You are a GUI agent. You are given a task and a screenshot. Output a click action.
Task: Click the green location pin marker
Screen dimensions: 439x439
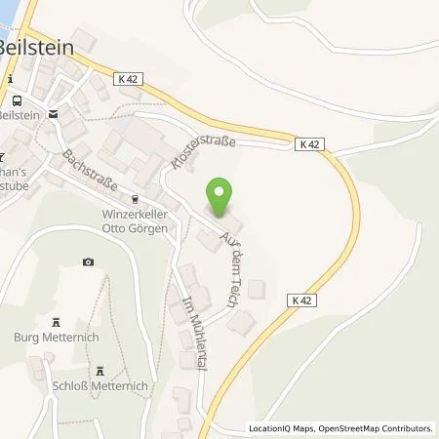[220, 198]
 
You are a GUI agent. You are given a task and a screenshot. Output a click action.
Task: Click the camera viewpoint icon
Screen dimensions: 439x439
[89, 261]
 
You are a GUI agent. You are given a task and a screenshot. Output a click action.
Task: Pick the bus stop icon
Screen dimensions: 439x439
[18, 100]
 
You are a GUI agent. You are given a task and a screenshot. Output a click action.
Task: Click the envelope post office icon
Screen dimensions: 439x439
[54, 113]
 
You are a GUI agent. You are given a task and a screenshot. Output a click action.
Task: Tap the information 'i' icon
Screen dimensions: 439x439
[10, 78]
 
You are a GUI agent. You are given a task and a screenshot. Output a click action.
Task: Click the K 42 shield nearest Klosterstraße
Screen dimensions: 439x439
[309, 144]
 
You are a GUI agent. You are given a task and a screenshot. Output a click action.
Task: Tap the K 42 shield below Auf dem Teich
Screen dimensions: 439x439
[299, 302]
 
